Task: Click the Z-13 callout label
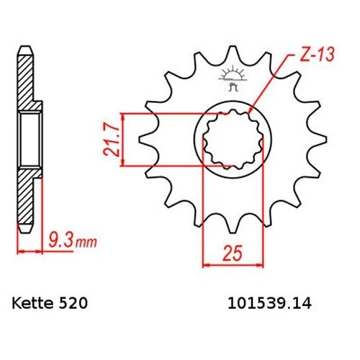click(x=317, y=55)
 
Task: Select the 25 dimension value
click(x=233, y=253)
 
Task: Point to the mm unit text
click(x=86, y=243)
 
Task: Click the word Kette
click(x=32, y=303)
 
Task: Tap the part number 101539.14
click(x=269, y=303)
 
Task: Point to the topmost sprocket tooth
click(x=233, y=52)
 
